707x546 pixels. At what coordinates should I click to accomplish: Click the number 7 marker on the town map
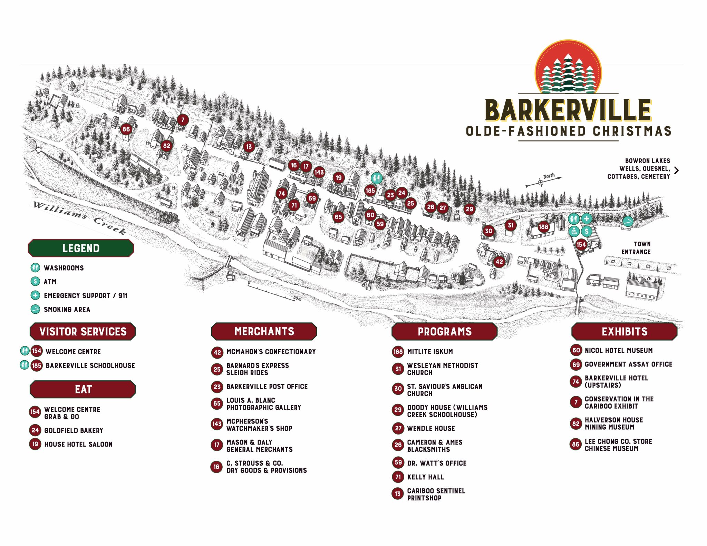click(x=183, y=120)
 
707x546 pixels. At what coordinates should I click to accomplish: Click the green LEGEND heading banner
click(x=81, y=248)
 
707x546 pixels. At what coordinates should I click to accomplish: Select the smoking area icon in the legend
click(x=35, y=309)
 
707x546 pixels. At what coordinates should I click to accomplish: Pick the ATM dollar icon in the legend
click(x=35, y=282)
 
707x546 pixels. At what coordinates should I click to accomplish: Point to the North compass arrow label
click(x=549, y=176)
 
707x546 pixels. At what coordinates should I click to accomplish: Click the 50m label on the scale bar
click(x=297, y=298)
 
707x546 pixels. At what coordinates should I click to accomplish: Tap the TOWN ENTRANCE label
click(x=636, y=248)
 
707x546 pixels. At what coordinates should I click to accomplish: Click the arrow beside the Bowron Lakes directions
click(x=676, y=170)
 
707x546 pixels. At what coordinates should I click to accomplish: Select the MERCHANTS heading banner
click(x=264, y=331)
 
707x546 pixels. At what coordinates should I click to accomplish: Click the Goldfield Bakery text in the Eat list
click(x=74, y=430)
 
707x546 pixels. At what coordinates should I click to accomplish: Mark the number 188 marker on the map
click(x=543, y=227)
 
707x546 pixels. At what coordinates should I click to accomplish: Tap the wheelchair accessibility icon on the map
click(x=574, y=231)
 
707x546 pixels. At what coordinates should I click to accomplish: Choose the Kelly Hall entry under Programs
click(x=425, y=477)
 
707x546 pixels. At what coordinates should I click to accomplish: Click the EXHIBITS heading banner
click(x=624, y=331)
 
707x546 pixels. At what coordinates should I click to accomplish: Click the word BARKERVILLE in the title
click(x=568, y=110)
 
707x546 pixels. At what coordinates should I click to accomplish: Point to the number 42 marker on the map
click(x=499, y=262)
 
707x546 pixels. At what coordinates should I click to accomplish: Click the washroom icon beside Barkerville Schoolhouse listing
click(x=24, y=365)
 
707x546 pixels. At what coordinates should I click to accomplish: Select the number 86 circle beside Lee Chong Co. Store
click(x=575, y=445)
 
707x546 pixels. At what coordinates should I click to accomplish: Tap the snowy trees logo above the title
click(x=568, y=69)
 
